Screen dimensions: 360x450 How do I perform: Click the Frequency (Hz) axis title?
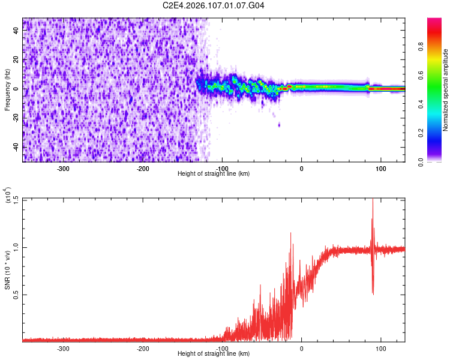click(7, 89)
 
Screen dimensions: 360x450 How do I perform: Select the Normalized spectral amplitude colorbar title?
click(446, 90)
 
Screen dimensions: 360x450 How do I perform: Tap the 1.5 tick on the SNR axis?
click(16, 199)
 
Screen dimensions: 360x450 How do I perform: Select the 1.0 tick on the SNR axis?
click(16, 247)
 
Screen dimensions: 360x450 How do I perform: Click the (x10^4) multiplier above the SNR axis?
click(8, 196)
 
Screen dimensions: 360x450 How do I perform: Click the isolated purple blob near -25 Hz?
click(279, 125)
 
